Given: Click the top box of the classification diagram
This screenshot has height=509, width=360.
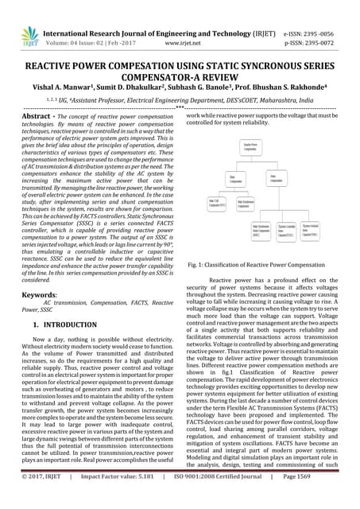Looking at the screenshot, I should click(x=250, y=150).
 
